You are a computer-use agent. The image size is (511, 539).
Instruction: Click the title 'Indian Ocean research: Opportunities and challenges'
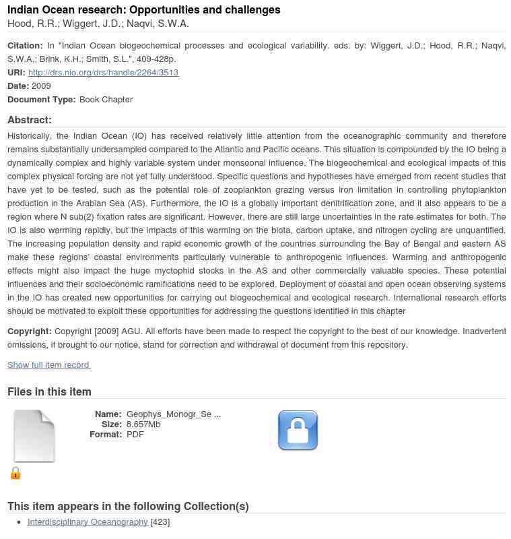(144, 9)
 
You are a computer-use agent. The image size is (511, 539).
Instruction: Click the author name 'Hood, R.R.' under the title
(32, 24)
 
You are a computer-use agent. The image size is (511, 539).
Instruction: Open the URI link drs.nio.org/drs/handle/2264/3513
(103, 73)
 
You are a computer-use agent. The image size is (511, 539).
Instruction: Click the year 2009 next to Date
(41, 86)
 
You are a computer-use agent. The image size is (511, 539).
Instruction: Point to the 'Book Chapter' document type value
(106, 99)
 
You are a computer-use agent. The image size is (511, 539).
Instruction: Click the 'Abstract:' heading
(30, 120)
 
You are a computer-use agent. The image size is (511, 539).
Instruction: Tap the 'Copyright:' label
(30, 331)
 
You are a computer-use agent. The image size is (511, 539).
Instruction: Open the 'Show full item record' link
(48, 365)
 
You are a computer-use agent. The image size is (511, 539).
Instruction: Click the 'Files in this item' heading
(49, 391)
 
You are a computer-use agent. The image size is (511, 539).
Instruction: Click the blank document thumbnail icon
(34, 436)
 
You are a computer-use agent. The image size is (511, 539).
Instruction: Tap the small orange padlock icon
(15, 473)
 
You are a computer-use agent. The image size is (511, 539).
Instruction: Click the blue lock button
(298, 430)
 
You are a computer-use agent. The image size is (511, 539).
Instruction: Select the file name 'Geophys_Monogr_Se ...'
(173, 414)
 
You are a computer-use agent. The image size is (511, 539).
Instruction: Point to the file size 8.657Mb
(143, 424)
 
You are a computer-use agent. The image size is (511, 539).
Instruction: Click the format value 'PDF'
(135, 435)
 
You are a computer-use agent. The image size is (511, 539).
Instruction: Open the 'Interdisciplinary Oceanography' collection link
(88, 521)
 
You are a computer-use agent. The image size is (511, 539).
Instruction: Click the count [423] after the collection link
(160, 521)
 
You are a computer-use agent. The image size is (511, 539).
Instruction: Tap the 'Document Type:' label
(42, 99)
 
